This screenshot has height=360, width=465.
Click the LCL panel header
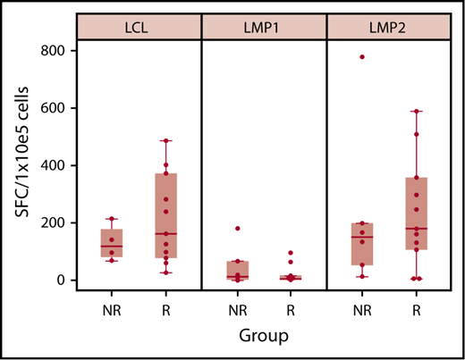138,28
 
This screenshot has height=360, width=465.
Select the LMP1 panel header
263,28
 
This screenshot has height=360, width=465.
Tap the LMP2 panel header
388,28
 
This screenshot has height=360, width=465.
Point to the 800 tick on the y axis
54,51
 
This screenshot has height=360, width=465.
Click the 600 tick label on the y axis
54,108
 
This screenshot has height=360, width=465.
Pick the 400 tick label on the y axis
54,165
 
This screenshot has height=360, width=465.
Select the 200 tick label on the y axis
54,222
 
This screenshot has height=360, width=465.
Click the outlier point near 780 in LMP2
362,57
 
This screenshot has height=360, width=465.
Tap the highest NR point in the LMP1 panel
237,229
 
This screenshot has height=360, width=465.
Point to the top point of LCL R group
165,141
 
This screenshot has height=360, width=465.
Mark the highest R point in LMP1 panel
291,253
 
